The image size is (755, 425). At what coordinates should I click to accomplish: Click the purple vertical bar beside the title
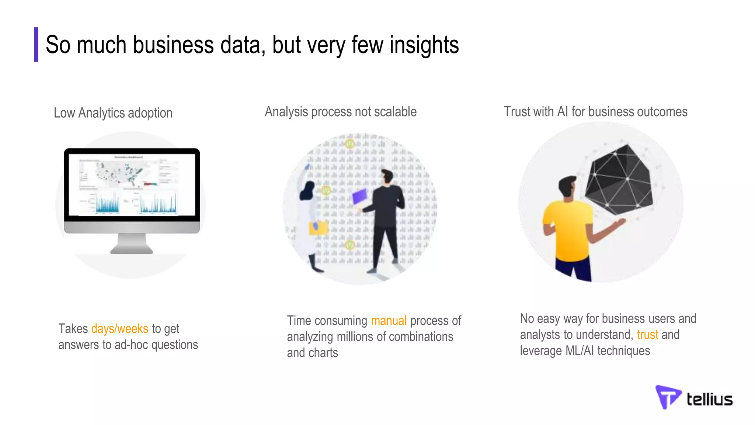pyautogui.click(x=36, y=44)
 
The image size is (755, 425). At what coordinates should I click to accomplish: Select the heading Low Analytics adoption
pyautogui.click(x=113, y=113)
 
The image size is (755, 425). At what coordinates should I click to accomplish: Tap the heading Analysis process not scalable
pyautogui.click(x=341, y=112)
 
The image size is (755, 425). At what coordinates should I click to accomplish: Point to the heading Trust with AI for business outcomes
pyautogui.click(x=595, y=112)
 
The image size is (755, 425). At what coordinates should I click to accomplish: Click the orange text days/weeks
pyautogui.click(x=119, y=328)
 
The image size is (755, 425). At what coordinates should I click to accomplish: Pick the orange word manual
pyautogui.click(x=389, y=321)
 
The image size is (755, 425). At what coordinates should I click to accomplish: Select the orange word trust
pyautogui.click(x=647, y=335)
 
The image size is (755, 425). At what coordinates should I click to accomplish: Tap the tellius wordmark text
pyautogui.click(x=709, y=400)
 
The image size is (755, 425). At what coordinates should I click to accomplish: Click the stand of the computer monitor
pyautogui.click(x=132, y=244)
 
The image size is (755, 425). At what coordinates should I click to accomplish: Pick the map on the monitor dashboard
pyautogui.click(x=118, y=173)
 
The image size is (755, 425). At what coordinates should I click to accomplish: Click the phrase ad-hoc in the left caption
pyautogui.click(x=131, y=345)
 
